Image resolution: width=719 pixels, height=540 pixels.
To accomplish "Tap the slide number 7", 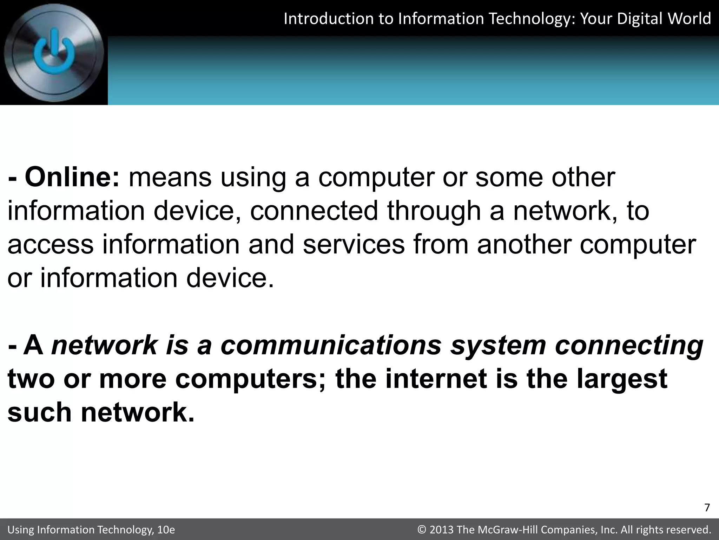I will [x=707, y=508].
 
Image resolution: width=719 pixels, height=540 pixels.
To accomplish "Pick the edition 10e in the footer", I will [x=166, y=530].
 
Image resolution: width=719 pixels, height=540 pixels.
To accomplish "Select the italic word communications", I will [x=331, y=345].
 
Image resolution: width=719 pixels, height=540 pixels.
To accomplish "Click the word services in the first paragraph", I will [x=354, y=245].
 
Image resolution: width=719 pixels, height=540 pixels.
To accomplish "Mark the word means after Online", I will [x=170, y=178].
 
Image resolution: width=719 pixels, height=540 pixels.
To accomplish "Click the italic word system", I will [x=498, y=346].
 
